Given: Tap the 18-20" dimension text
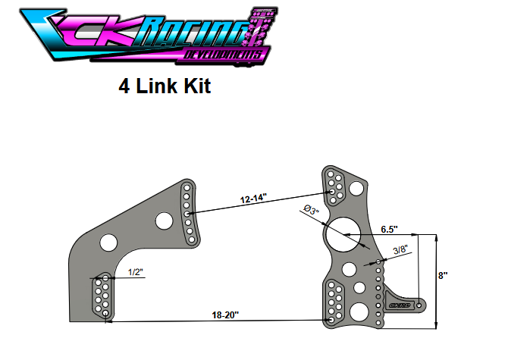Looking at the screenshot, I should [x=224, y=313].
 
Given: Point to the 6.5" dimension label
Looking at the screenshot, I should [x=389, y=228].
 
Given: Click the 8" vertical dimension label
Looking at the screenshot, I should [x=444, y=276].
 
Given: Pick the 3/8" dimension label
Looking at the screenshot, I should [x=401, y=248].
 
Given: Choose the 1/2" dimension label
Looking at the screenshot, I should [x=136, y=271].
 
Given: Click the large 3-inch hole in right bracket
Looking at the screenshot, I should [x=343, y=233].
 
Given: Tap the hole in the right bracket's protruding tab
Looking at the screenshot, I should [x=422, y=305].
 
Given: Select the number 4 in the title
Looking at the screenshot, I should [x=124, y=86].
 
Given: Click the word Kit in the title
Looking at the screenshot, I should [x=196, y=86].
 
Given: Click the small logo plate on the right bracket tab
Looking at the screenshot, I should [x=399, y=305].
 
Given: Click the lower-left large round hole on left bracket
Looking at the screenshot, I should [x=109, y=243].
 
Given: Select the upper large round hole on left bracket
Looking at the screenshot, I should [x=162, y=221].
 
